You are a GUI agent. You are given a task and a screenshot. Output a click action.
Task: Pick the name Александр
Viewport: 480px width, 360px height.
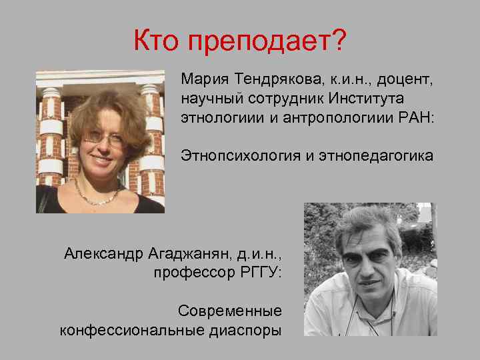[x=102, y=253]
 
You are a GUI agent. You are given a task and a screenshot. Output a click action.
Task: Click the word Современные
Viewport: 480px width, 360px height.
[x=230, y=311]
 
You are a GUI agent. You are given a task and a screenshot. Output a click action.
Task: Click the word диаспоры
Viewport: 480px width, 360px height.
[x=244, y=330]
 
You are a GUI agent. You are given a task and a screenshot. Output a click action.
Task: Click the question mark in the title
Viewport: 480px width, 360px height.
[x=339, y=41]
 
